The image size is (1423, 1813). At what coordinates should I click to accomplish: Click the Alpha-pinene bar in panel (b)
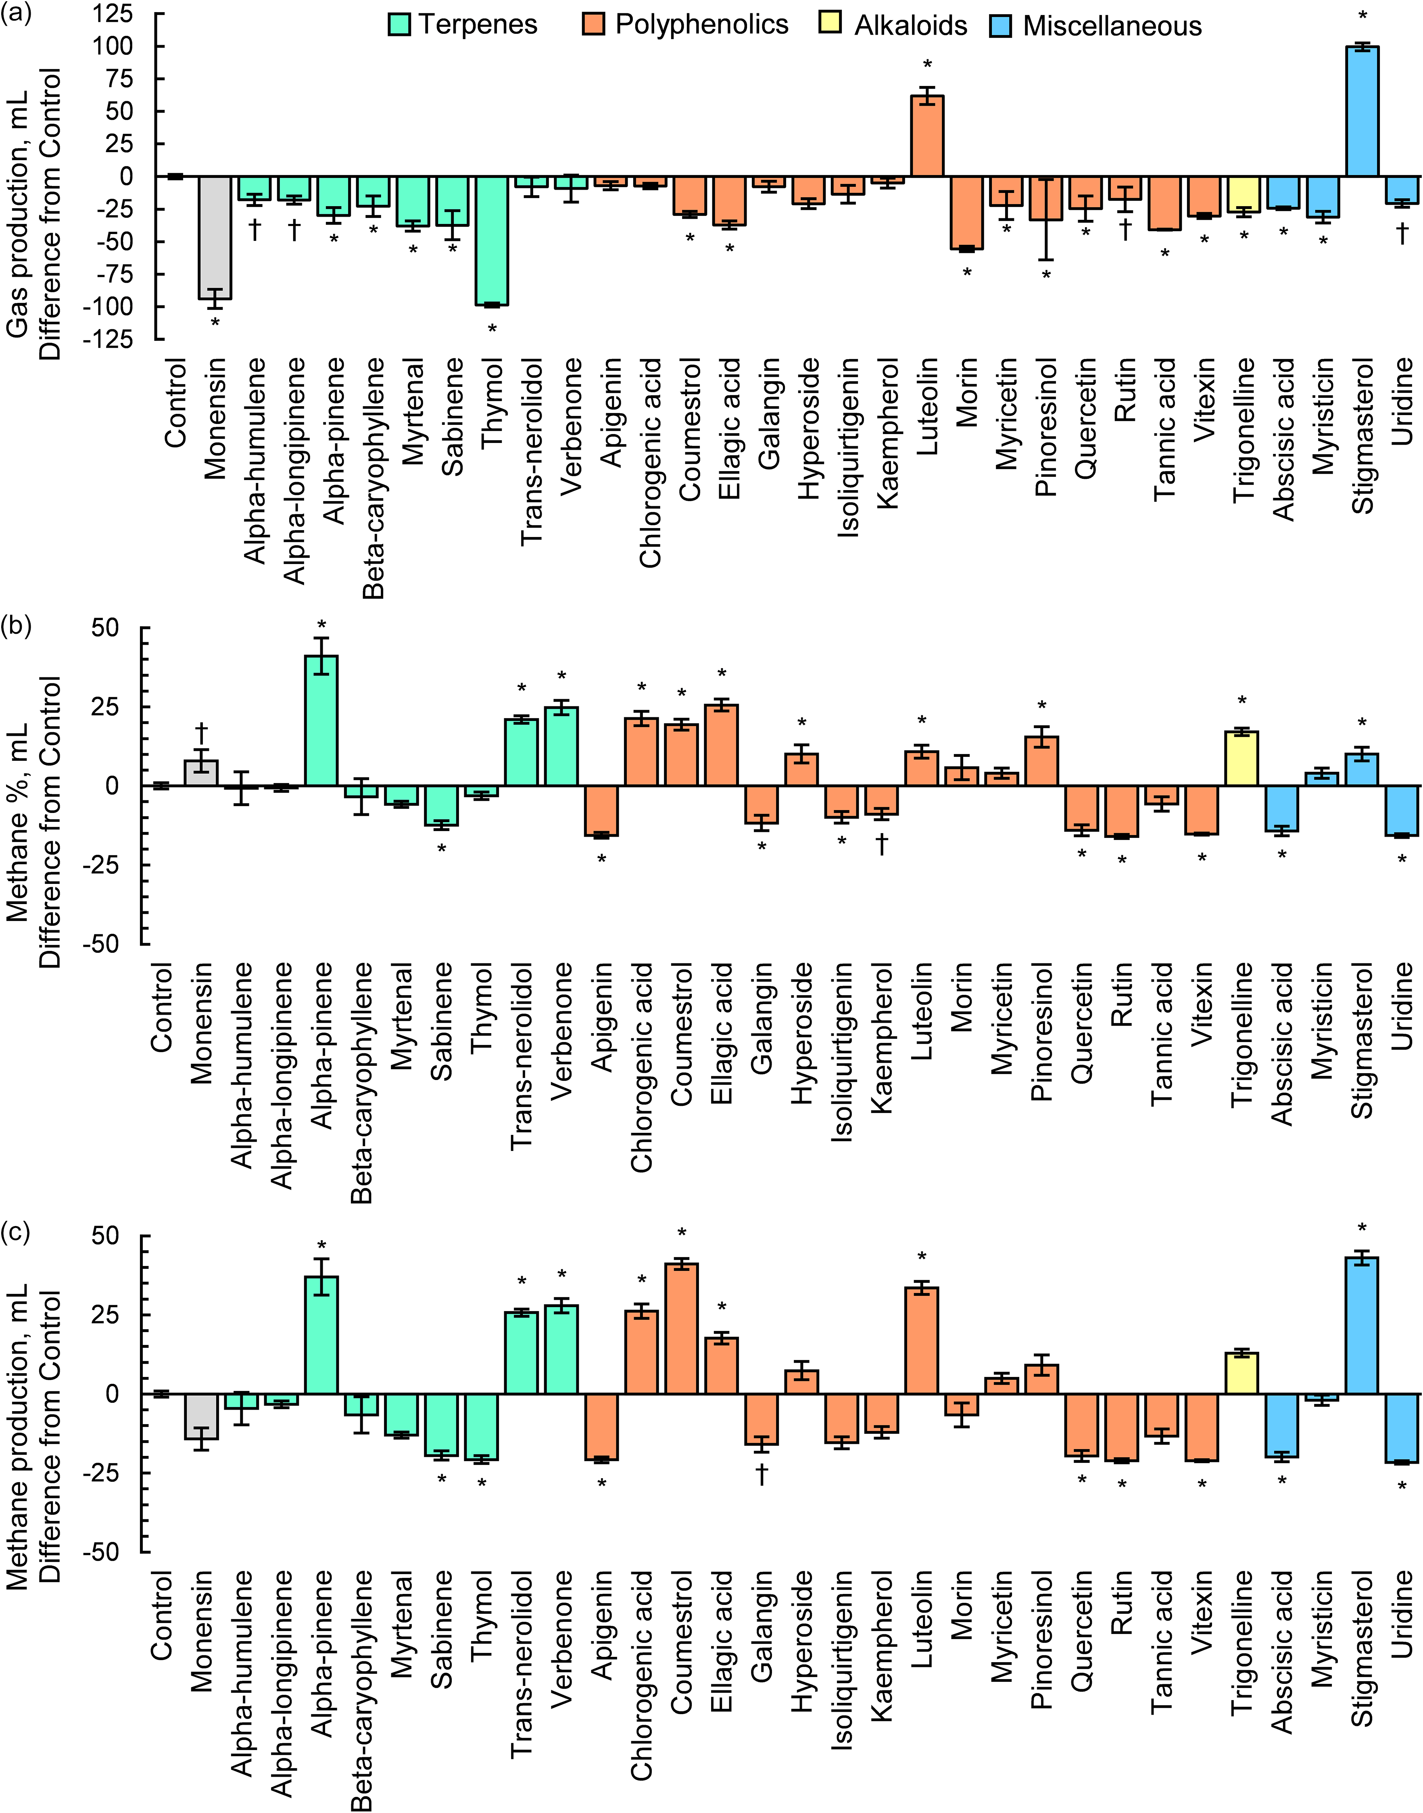point(321,721)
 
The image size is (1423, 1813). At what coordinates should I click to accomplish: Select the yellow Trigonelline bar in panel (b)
point(1242,758)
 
